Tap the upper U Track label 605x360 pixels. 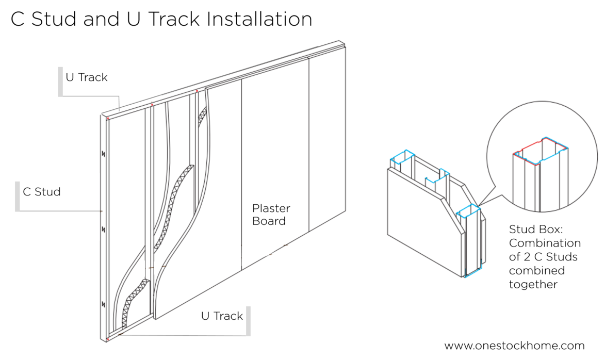(x=87, y=77)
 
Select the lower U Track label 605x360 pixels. (x=222, y=316)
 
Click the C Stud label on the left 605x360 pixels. (x=42, y=192)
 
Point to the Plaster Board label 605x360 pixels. (x=271, y=215)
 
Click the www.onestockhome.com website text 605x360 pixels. (x=514, y=346)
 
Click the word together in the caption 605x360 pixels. (x=533, y=284)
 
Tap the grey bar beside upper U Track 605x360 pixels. (x=60, y=81)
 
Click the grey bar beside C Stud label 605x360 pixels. (x=18, y=196)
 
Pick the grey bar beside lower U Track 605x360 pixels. (x=248, y=321)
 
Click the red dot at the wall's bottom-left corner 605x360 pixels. (x=107, y=339)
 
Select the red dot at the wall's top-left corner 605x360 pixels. (x=108, y=119)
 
